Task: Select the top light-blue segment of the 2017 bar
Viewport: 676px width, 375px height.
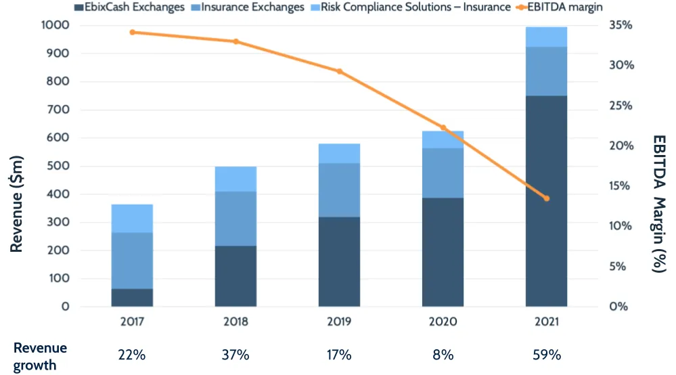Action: tap(132, 219)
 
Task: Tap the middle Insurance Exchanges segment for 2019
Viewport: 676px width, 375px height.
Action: tap(339, 190)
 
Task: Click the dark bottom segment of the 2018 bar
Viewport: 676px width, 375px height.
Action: tap(235, 276)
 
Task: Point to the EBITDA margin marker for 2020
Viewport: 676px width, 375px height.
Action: tap(443, 127)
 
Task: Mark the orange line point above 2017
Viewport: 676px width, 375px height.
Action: tap(132, 32)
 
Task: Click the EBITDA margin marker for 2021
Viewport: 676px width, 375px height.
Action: tap(547, 198)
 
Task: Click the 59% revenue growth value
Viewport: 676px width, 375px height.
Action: tap(547, 355)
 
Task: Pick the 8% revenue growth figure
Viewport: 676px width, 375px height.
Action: tap(443, 355)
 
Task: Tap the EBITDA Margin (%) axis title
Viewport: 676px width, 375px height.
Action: tap(659, 203)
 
